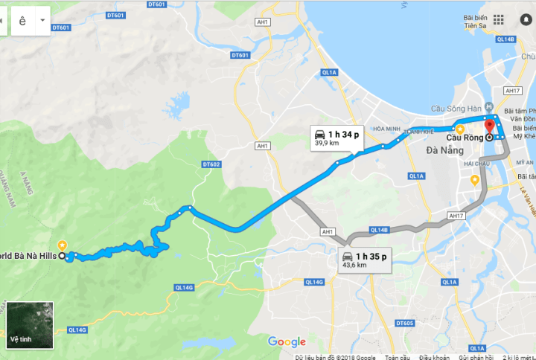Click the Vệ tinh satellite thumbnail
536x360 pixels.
click(x=30, y=325)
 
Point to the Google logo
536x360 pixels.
click(x=287, y=342)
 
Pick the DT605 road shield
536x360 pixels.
click(x=404, y=323)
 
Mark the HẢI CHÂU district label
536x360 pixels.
click(x=473, y=163)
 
